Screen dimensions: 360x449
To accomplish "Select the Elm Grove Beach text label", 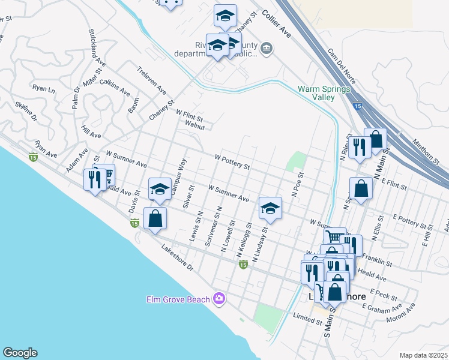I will point(178,299).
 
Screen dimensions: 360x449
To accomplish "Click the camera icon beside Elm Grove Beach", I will point(219,298).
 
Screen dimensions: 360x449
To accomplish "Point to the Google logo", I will point(19,353).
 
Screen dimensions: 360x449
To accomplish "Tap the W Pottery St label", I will point(231,161).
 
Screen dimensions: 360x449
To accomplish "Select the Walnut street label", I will point(195,127).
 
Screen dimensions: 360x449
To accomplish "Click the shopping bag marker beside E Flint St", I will point(361,188).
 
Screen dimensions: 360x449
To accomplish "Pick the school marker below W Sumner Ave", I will point(270,208).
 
